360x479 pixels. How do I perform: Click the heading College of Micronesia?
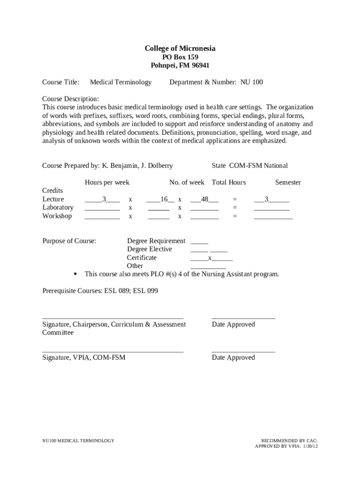coord(180,49)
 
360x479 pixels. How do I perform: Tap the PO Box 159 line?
coord(180,57)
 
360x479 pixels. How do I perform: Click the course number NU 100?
coord(252,82)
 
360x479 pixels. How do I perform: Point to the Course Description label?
coord(71,99)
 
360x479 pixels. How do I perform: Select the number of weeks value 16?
coord(164,199)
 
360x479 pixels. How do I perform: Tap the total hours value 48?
coord(204,199)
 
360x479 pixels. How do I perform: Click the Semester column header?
coord(288,182)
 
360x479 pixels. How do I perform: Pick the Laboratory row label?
coord(58,208)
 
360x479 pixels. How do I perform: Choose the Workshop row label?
coord(57,216)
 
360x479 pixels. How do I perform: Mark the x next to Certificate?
coord(210,258)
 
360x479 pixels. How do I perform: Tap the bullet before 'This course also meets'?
coord(76,274)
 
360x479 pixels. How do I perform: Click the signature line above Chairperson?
coord(113,318)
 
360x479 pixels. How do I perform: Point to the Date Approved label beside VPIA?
coord(233,358)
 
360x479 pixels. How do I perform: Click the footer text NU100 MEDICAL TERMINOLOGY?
coord(78,441)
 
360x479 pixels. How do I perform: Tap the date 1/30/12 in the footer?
coord(310,446)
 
